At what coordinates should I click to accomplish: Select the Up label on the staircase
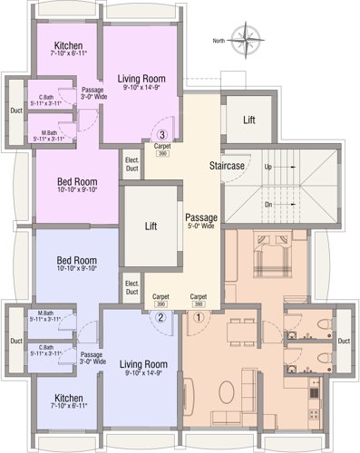pos(268,168)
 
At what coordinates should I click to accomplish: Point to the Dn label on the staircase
pos(268,204)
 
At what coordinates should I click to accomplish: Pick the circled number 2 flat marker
pos(160,317)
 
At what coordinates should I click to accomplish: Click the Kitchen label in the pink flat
pos(69,47)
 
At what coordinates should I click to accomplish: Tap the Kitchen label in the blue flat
pos(69,399)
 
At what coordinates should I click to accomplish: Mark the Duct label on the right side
pos(344,341)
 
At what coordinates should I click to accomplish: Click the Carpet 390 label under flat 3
pos(161,149)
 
